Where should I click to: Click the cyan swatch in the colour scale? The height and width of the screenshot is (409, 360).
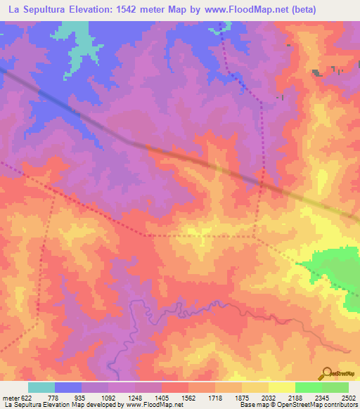click(x=41, y=387)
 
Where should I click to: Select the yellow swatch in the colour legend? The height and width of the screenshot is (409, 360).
click(x=281, y=387)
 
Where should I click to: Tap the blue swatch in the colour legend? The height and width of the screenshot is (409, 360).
click(x=67, y=387)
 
